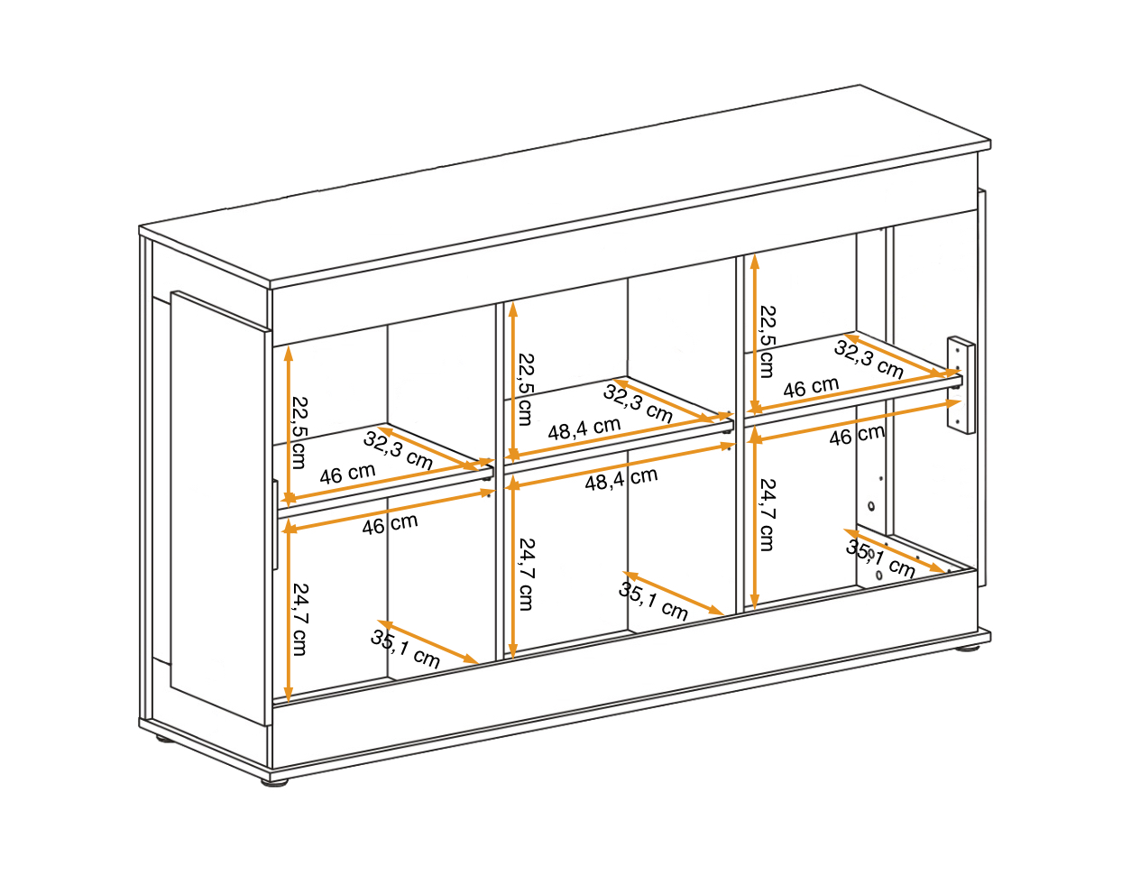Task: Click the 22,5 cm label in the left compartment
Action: (x=299, y=432)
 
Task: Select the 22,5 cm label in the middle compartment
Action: (x=526, y=389)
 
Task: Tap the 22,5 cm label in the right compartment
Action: (x=768, y=341)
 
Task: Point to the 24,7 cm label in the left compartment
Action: (x=299, y=620)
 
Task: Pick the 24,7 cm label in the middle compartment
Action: (x=526, y=574)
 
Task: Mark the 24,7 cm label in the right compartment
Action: (x=768, y=514)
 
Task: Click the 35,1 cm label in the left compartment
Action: (x=405, y=650)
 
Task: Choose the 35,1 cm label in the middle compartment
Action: (x=653, y=601)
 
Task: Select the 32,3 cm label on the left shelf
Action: (x=398, y=450)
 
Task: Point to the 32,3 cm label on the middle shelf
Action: (x=638, y=403)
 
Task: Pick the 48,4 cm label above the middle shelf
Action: (x=584, y=429)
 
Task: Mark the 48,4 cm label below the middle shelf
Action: (x=621, y=479)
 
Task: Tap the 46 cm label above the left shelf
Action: (x=347, y=474)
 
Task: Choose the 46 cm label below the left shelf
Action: (x=390, y=524)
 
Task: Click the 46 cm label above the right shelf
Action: (x=811, y=388)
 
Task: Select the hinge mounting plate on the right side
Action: (x=961, y=385)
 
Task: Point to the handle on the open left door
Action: (x=275, y=524)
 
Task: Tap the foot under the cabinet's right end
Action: (x=967, y=649)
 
